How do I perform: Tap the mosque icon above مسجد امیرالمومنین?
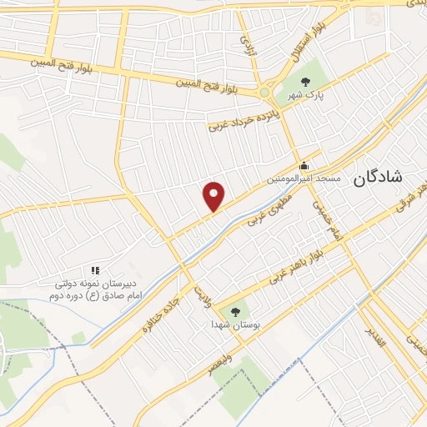point(304,165)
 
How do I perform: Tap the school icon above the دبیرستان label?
point(94,270)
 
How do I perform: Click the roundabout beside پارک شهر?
point(265,92)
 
